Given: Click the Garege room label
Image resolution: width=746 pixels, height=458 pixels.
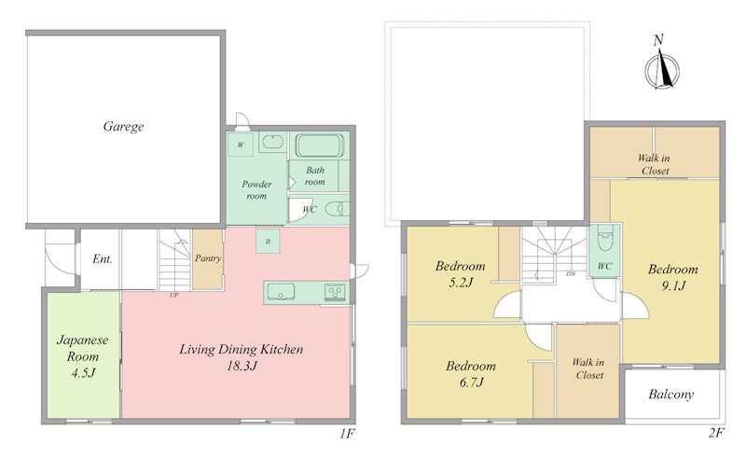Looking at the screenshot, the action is (x=123, y=126).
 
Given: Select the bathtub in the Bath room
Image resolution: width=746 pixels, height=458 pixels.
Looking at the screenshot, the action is (x=320, y=146).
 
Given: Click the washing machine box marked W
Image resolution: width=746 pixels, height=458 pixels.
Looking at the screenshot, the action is (x=241, y=145).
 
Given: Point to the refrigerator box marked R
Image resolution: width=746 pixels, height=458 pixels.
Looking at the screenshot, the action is (x=268, y=242).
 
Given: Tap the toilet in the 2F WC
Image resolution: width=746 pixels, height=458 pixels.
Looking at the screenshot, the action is (x=605, y=239).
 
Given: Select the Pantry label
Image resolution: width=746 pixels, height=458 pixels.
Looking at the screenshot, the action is (x=208, y=258).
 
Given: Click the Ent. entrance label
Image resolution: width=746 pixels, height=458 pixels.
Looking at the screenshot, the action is (x=103, y=259).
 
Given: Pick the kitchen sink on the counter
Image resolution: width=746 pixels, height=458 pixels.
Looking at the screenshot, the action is (x=281, y=291).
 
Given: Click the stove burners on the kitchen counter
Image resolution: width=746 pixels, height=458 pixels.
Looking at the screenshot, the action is (x=336, y=292).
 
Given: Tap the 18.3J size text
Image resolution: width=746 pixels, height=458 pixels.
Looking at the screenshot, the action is (x=242, y=366).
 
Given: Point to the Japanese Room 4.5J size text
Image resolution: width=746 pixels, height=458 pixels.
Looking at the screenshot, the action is (x=83, y=373).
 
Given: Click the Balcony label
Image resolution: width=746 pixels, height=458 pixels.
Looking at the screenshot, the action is (x=670, y=395).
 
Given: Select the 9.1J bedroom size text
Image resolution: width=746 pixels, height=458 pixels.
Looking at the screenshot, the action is (x=673, y=285).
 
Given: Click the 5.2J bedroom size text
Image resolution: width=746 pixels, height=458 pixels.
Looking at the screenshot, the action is (x=461, y=283).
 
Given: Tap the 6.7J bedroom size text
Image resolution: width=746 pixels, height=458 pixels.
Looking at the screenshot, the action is (x=472, y=382).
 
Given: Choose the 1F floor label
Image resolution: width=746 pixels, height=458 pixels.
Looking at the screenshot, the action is (x=347, y=434).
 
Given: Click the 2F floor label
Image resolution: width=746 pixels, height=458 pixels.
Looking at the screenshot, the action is (x=716, y=433).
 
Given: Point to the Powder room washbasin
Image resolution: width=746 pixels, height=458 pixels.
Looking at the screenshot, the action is (x=272, y=143).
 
